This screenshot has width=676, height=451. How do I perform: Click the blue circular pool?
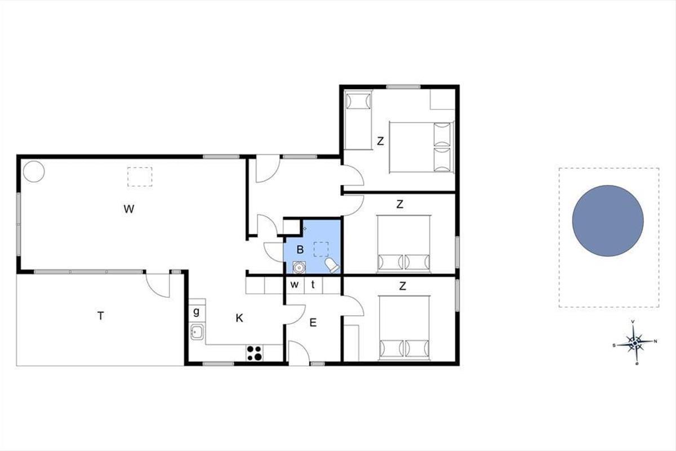[608, 221]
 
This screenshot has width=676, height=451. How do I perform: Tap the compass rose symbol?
[635, 343]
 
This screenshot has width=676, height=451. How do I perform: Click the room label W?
[129, 209]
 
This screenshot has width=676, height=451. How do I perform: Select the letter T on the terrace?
[100, 316]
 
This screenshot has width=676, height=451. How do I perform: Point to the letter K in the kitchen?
[239, 318]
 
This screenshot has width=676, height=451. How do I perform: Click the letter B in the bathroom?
[300, 250]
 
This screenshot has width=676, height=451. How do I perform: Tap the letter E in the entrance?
[313, 323]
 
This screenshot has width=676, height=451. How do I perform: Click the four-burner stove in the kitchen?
[255, 353]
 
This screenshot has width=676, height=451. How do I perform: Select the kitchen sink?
[197, 331]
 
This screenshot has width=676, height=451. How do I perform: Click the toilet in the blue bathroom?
[332, 265]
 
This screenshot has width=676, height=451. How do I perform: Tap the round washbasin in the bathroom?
[299, 268]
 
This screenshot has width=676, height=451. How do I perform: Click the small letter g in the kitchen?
[197, 311]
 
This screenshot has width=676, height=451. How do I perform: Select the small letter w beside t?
[295, 284]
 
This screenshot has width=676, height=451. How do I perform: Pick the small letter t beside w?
[313, 284]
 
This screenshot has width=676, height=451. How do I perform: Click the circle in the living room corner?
[34, 171]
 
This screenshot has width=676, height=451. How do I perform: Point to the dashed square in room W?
[140, 176]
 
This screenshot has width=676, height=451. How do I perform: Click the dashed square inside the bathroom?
[321, 249]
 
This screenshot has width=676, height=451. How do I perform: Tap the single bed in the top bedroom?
[358, 120]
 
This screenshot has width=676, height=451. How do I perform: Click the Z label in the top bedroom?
[380, 141]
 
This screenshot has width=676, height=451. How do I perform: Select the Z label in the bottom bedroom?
[402, 286]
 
